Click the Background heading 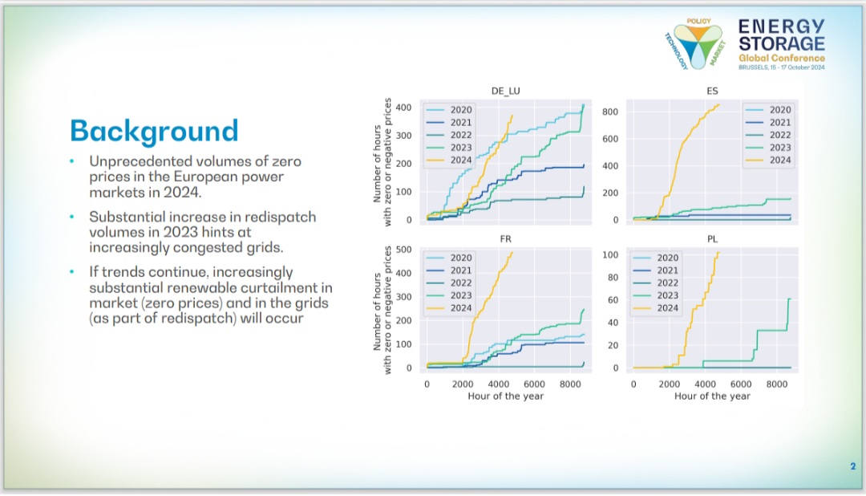(154, 132)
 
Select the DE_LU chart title (505, 91)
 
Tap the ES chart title (712, 91)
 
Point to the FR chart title (505, 239)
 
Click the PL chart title (712, 239)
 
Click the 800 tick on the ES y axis (610, 112)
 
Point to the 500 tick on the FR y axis (403, 250)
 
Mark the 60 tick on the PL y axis (613, 299)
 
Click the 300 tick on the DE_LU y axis (403, 136)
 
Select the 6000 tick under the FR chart (534, 384)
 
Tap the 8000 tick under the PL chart (776, 384)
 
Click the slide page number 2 (852, 466)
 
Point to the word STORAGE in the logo (782, 43)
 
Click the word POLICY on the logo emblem (698, 21)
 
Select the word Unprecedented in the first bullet (139, 161)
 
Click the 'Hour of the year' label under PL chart (712, 396)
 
